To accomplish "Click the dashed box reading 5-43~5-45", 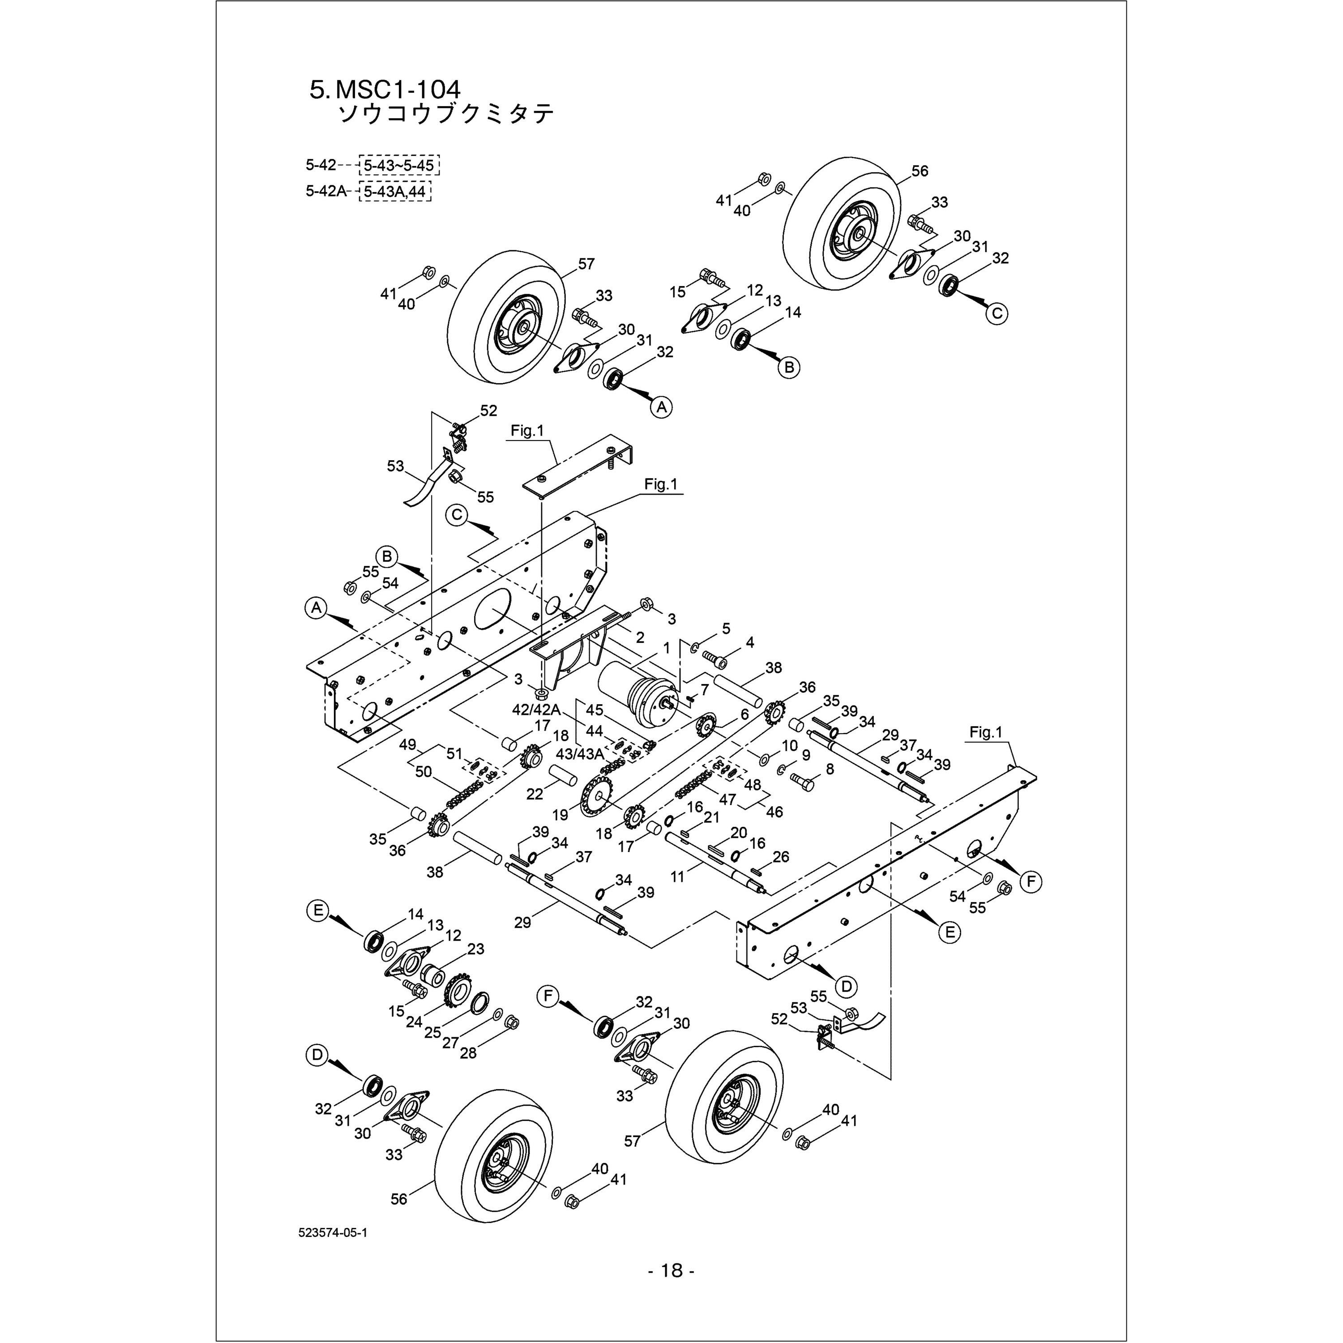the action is pos(399,166).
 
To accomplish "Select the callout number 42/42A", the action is pos(536,709).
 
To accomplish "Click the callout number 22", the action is pos(534,793).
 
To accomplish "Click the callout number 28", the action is pos(469,1053).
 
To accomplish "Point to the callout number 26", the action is pos(781,857).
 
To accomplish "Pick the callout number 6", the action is pos(744,714).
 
